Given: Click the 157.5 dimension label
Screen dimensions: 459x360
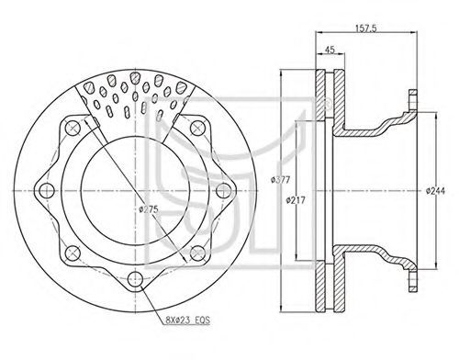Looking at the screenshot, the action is [x=365, y=28].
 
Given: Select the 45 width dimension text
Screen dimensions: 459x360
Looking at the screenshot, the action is [x=330, y=50].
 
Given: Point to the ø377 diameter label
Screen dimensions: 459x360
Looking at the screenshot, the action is [x=280, y=180].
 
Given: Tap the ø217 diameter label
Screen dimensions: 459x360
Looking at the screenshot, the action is [x=296, y=200].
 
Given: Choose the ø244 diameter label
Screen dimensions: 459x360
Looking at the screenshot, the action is [x=435, y=191].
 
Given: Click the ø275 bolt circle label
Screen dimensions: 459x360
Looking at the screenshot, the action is [x=149, y=209].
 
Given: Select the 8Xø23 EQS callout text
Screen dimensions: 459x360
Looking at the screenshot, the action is [x=187, y=321].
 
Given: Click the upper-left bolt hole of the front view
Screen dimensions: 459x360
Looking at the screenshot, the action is [x=73, y=128].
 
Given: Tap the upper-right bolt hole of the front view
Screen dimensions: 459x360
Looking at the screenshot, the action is [x=197, y=128].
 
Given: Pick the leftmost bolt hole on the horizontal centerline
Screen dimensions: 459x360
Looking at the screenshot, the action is [x=47, y=190].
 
